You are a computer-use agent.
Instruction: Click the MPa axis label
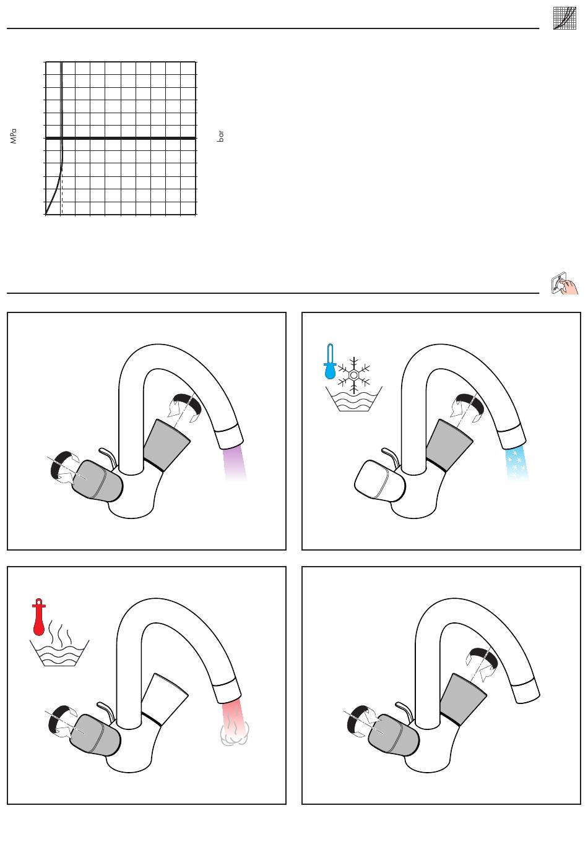14,137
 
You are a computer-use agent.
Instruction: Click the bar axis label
220,136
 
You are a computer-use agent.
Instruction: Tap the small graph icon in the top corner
564,18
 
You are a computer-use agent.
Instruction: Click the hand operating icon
564,283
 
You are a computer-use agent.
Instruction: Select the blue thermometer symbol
330,362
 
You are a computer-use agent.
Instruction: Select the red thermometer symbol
39,617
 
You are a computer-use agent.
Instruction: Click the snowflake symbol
354,375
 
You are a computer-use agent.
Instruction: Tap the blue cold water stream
517,463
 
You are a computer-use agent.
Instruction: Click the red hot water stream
232,715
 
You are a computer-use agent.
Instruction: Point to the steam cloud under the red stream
235,734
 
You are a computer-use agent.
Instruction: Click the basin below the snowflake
354,399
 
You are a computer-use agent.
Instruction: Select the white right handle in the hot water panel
165,699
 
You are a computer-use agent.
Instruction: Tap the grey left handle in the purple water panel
97,481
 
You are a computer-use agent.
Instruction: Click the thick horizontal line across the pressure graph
121,138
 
